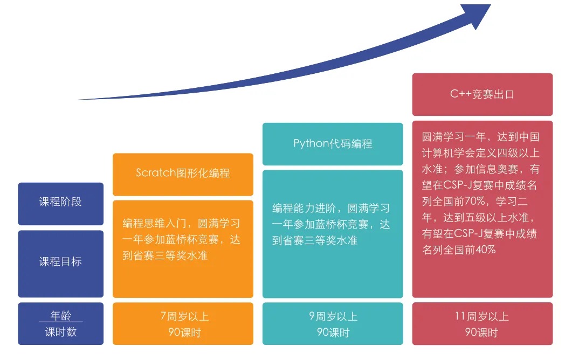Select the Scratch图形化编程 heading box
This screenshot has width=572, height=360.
(x=183, y=174)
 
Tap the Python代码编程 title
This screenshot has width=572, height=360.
(x=333, y=144)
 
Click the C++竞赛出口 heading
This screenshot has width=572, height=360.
(x=482, y=94)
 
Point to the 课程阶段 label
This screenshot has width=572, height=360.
(x=60, y=202)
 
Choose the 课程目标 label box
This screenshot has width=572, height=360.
(x=60, y=262)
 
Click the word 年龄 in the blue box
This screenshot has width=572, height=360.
(x=60, y=315)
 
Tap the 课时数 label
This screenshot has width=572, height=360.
(x=60, y=332)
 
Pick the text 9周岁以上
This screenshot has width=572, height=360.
(x=333, y=316)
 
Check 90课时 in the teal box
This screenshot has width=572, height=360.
(x=333, y=333)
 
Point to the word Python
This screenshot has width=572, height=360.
(x=311, y=144)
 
